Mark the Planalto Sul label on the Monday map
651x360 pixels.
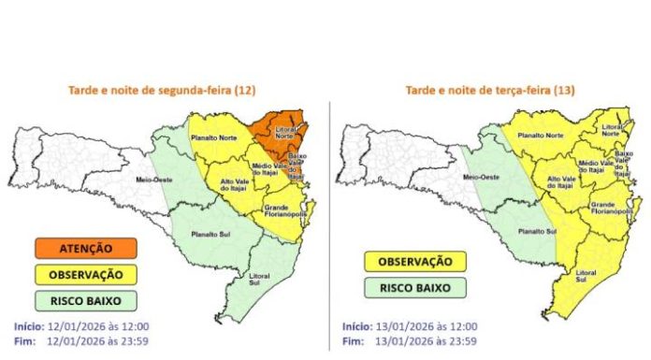tap(209, 234)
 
